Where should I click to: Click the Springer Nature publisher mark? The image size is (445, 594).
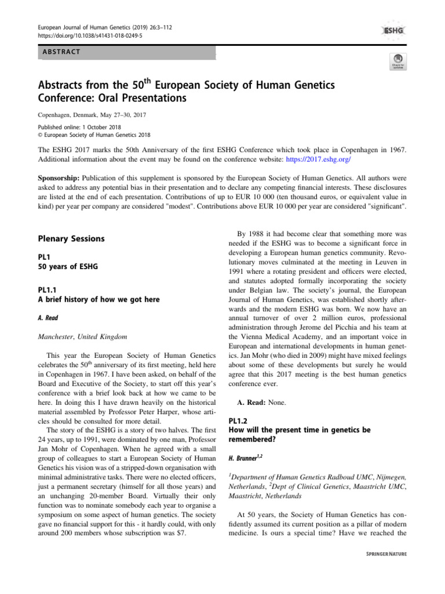pos(382,553)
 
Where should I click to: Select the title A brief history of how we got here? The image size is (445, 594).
pos(99,299)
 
